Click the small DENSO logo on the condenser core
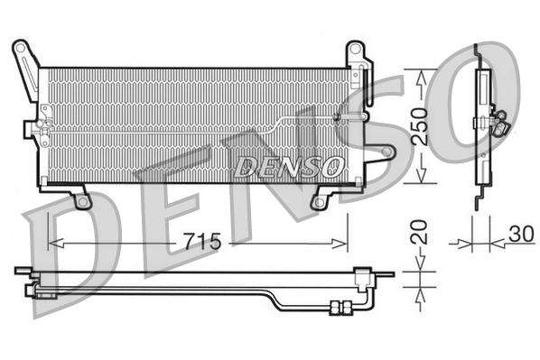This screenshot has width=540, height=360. (290, 166)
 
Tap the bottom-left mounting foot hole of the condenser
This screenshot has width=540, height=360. (82, 201)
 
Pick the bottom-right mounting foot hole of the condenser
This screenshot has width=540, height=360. (317, 202)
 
